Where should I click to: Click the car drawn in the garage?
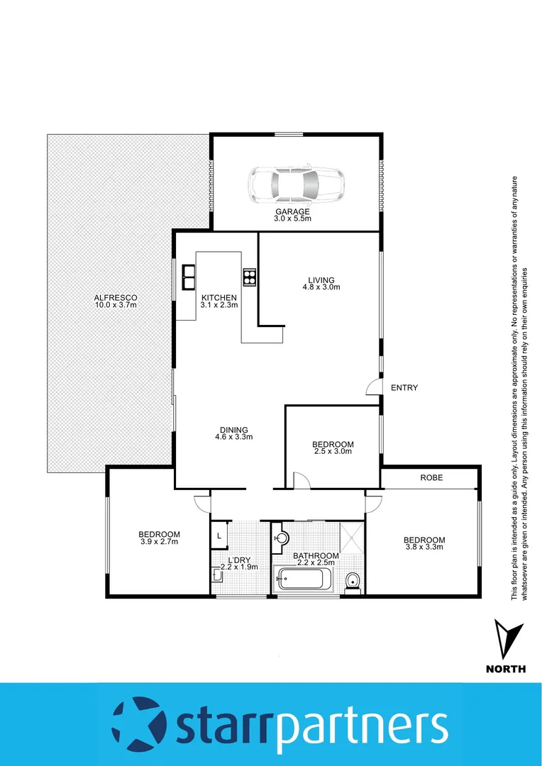pos(296,185)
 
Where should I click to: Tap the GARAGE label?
pos(293,212)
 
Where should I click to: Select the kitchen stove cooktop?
pos(249,276)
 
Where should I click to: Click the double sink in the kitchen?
pos(189,277)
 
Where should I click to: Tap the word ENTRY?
pos(404,388)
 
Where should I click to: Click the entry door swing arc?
pos(372,387)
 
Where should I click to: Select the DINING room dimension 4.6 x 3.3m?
pos(233,437)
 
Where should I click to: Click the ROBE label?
pos(431,478)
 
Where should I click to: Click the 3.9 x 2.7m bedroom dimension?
pos(159,542)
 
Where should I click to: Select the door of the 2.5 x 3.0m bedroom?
pos(303,483)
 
